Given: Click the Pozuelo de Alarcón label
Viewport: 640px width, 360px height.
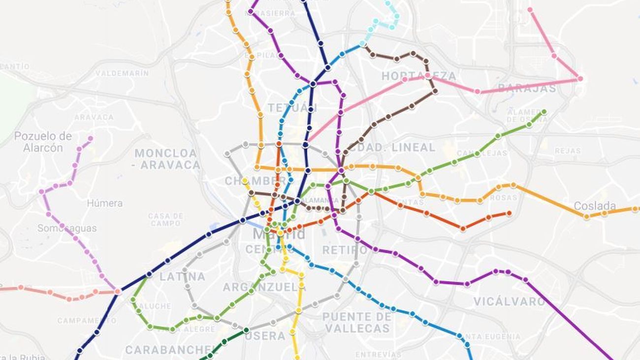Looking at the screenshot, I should point(43,142).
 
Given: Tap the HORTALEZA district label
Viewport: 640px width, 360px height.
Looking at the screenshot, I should point(418,76).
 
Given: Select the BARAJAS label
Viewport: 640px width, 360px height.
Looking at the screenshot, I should point(527,89).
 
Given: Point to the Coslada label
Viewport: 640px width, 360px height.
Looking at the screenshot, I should point(595,206).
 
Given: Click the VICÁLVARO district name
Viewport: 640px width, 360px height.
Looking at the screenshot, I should point(509,301).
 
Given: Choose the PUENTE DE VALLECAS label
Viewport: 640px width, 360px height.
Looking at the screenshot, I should point(357,322).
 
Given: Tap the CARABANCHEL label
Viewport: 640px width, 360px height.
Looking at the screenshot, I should point(171,350).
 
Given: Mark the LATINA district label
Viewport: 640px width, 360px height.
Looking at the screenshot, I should point(182,277).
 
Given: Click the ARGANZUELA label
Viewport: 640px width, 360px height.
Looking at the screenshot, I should point(264,287).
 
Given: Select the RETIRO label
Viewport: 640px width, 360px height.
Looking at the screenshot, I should point(345,250).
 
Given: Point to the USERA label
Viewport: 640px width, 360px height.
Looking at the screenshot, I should point(265,336).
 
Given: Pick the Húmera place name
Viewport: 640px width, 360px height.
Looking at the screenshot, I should point(105,203).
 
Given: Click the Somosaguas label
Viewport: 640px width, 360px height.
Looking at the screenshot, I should point(67,229).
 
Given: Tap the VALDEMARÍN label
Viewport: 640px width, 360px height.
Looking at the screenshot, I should point(122,73).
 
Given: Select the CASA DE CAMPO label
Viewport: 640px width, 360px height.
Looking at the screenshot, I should point(165,220).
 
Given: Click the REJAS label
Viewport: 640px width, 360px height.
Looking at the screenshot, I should point(568,151).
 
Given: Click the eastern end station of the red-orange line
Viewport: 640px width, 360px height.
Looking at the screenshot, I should point(509,213).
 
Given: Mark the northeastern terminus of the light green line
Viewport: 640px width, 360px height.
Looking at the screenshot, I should point(544,112).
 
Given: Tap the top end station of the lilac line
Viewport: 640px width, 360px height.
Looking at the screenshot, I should point(91,138).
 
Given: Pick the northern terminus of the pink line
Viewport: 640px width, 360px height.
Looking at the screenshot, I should point(530,10).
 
